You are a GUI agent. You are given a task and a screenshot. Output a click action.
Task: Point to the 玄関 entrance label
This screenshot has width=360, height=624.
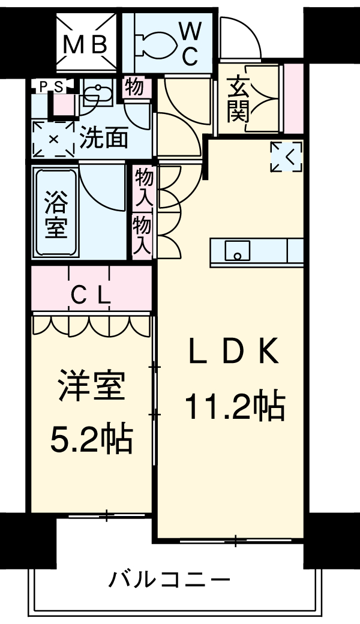(238, 100)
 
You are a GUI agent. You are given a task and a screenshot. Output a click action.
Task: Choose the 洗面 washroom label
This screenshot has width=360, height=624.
(104, 138)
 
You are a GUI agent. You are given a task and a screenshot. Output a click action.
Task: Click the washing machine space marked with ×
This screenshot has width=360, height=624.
(53, 139)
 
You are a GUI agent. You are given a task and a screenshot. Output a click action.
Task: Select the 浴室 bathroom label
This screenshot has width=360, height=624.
(56, 214)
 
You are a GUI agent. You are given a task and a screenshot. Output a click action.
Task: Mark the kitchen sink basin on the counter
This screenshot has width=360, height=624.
(237, 251)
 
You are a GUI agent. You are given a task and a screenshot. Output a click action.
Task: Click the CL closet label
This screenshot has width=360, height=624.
(91, 295)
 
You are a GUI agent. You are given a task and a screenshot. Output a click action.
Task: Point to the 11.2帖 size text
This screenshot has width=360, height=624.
(235, 406)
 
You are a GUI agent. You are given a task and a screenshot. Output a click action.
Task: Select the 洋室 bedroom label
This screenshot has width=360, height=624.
(91, 385)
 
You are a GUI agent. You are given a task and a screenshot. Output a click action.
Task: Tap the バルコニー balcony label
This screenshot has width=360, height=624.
(169, 578)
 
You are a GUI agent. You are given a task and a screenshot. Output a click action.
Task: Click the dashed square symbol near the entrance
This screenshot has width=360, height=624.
(286, 157)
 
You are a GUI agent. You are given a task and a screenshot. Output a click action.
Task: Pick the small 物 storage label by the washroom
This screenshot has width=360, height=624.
(134, 87)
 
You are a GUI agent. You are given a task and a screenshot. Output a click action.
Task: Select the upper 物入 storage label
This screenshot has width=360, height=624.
(144, 186)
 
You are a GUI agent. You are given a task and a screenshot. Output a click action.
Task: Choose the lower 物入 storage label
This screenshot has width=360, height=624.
(142, 235)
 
